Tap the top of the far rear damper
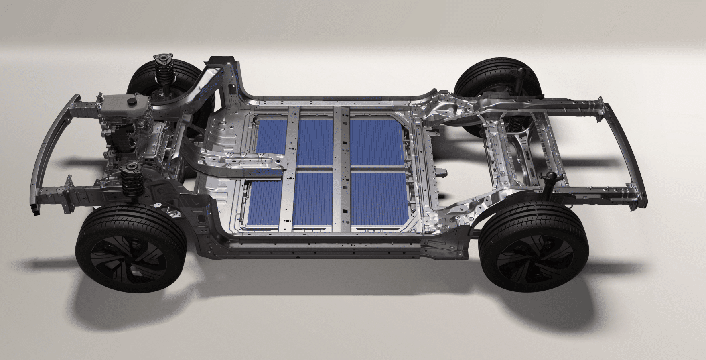[521, 72]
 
